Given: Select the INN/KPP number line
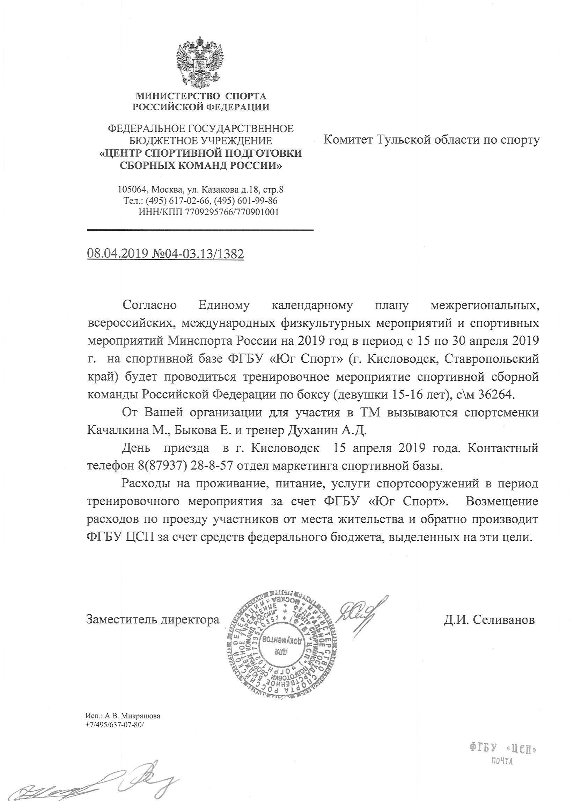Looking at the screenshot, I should [209, 212].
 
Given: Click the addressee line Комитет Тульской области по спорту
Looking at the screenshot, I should [432, 140].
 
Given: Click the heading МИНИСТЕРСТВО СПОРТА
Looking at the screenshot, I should [201, 96].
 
